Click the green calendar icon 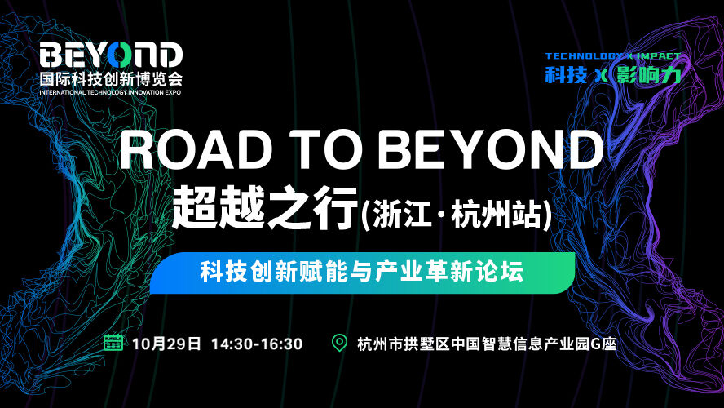click(x=113, y=343)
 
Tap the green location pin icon click(x=340, y=343)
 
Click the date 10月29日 click(x=166, y=344)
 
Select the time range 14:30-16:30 click(x=257, y=344)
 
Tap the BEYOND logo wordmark click(x=111, y=55)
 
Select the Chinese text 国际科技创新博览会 click(x=111, y=78)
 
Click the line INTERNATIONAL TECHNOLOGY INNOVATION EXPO click(x=110, y=92)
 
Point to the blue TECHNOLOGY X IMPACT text click(x=613, y=56)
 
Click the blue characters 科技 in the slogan click(x=566, y=75)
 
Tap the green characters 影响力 click(x=648, y=75)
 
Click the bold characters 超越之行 click(x=265, y=209)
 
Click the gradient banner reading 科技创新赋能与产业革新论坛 click(x=363, y=273)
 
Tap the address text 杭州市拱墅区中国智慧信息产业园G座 click(x=487, y=344)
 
